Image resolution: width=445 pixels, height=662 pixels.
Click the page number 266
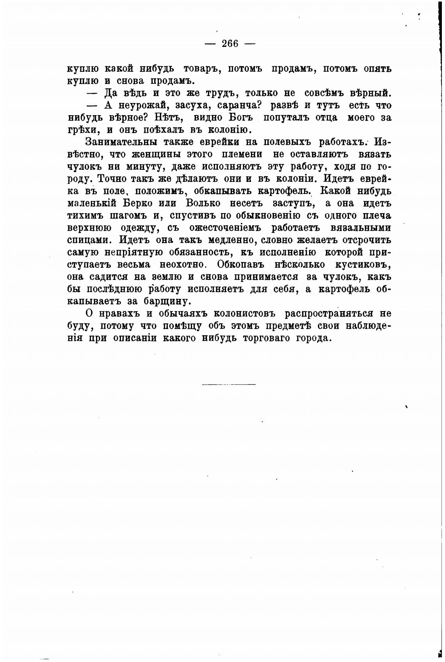pos(230,44)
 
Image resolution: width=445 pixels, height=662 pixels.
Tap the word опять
pos(377,69)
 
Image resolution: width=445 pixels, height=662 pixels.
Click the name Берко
pos(136,203)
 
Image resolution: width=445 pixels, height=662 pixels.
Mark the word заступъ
pos(293,203)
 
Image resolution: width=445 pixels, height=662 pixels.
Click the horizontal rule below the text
pos(229,385)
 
